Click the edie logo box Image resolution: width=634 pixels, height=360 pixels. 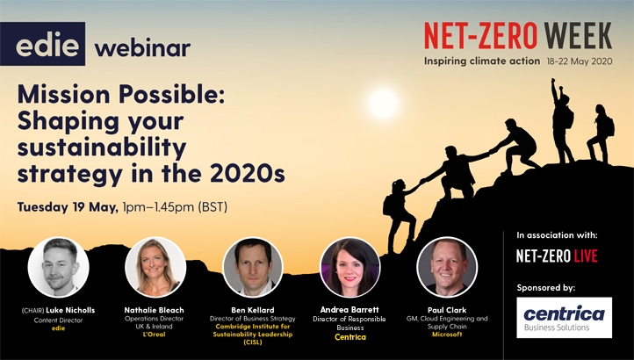tap(42, 44)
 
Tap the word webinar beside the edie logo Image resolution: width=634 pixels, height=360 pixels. tap(142, 47)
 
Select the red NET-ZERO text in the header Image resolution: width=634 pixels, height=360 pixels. tap(480, 36)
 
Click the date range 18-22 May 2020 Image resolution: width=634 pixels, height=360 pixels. tap(580, 61)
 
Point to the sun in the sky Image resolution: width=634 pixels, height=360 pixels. tap(383, 104)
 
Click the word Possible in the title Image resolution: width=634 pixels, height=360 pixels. tap(171, 94)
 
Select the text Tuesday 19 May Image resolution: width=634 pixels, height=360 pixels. tap(68, 207)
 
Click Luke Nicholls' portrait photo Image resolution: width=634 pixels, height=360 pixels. tap(58, 267)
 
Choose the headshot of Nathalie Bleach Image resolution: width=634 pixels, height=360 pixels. tap(155, 267)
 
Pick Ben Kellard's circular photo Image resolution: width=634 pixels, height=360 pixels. tap(253, 267)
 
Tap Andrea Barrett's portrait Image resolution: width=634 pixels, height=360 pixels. tap(349, 267)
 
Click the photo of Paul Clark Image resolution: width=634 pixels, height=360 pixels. tap(447, 267)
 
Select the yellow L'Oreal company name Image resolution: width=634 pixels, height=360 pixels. tap(154, 335)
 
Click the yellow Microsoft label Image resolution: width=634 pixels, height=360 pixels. tap(447, 335)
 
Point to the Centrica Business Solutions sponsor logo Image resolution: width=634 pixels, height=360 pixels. tap(564, 318)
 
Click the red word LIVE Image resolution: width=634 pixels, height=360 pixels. tap(586, 256)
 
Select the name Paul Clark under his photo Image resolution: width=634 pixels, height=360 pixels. tap(447, 310)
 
